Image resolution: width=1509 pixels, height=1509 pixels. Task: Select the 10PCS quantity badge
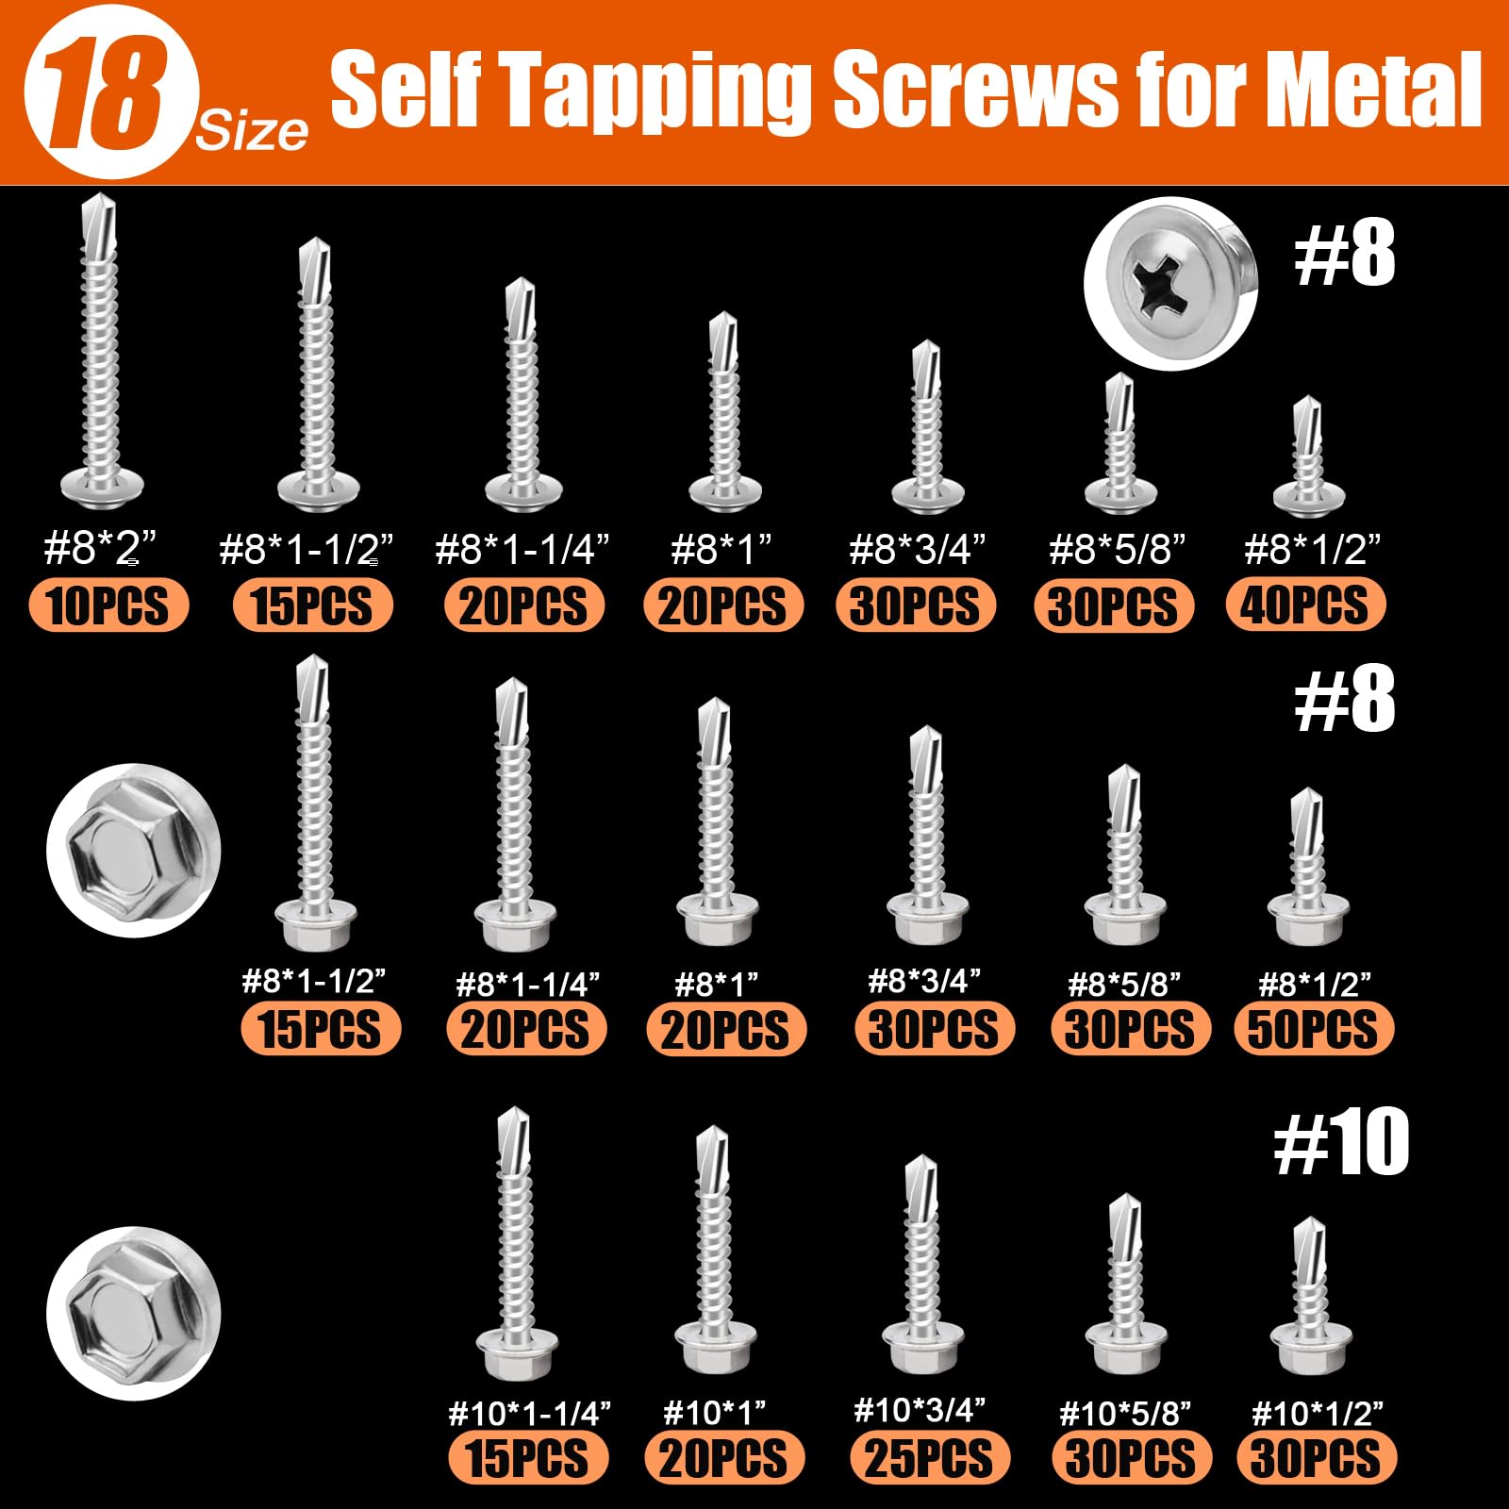[108, 605]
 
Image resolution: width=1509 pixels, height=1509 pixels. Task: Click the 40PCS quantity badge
[1304, 605]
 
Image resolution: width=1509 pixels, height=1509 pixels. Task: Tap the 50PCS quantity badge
[1313, 1029]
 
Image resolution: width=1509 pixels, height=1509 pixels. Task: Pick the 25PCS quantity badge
[929, 1458]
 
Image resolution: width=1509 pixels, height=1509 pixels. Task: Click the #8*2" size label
[99, 547]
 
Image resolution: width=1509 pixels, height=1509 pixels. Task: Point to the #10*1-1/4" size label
[529, 1413]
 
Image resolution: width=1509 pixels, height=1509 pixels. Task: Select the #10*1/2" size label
[1317, 1413]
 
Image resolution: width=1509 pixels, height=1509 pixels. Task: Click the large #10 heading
[1341, 1143]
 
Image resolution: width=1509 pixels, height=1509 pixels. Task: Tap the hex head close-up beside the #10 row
[133, 1313]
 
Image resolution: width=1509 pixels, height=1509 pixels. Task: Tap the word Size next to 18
[251, 132]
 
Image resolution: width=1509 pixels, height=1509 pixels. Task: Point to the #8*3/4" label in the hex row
[924, 981]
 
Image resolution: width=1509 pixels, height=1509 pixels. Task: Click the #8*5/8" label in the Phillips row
[1117, 549]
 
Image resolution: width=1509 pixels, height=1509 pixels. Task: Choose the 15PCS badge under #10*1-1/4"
[528, 1458]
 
